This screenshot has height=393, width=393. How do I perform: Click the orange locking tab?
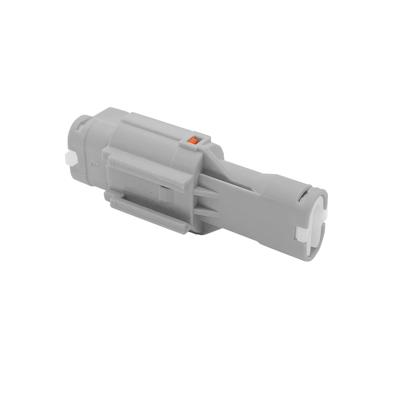193,140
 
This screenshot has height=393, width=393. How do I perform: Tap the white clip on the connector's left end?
68,158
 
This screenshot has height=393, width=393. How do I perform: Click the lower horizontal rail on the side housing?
149,212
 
